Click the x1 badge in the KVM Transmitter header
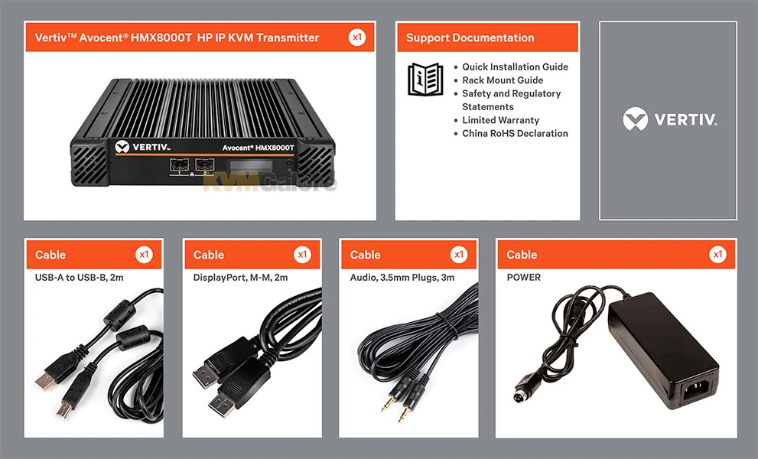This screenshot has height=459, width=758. click(356, 37)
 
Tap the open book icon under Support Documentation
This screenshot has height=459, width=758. click(425, 80)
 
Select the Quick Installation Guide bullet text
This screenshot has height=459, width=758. click(515, 67)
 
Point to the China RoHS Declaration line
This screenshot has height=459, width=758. click(515, 134)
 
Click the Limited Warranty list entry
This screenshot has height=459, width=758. click(500, 120)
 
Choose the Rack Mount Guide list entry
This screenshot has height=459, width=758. click(503, 80)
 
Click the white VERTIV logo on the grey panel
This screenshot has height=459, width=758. click(669, 119)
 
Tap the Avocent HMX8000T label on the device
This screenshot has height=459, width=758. click(255, 147)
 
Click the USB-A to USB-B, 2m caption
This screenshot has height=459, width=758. click(80, 278)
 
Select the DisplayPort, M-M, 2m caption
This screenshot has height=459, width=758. click(240, 278)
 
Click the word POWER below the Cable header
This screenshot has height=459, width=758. click(524, 278)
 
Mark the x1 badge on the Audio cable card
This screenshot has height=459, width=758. click(459, 255)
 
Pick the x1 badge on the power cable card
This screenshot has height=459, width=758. click(717, 255)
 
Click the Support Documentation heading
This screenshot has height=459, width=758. click(470, 37)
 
